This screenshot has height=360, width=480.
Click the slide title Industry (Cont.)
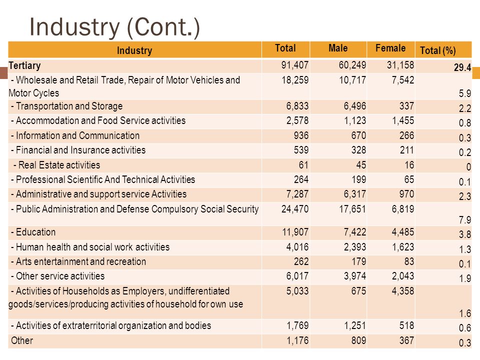pyautogui.click(x=114, y=27)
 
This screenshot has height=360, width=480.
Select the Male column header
pyautogui.click(x=338, y=48)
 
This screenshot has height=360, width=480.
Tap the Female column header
pyautogui.click(x=390, y=48)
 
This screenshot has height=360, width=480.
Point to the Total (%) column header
pyautogui.click(x=438, y=50)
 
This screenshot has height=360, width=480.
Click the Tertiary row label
pyautogui.click(x=24, y=66)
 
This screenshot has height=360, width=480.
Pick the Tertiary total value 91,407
pyautogui.click(x=295, y=65)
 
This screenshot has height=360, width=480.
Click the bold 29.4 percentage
pyautogui.click(x=462, y=67)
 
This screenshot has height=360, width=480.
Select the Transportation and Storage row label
pyautogui.click(x=66, y=106)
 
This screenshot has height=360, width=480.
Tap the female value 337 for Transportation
pyautogui.click(x=406, y=106)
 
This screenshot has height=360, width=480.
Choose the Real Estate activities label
pyautogui.click(x=56, y=165)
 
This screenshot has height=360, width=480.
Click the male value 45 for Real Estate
pyautogui.click(x=361, y=165)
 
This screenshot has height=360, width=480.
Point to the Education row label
pyautogui.click(x=33, y=232)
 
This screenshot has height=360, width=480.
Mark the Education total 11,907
pyautogui.click(x=295, y=232)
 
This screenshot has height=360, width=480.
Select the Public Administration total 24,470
pyautogui.click(x=295, y=209)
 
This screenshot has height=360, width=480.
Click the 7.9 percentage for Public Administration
pyautogui.click(x=464, y=220)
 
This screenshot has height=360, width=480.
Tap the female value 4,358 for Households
pyautogui.click(x=403, y=291)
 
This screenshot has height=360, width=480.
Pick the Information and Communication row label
pyautogui.click(x=75, y=135)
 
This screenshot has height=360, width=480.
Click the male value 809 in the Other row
pyautogui.click(x=358, y=340)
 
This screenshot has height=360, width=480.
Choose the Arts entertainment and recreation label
pyautogui.click(x=78, y=261)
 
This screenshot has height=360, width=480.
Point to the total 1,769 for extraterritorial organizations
pyautogui.click(x=297, y=325)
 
